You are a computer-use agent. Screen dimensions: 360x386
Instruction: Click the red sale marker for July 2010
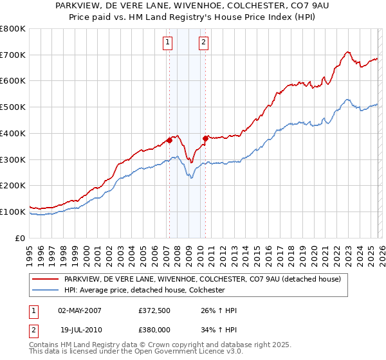click(205, 138)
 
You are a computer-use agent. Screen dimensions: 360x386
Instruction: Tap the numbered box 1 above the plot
click(167, 43)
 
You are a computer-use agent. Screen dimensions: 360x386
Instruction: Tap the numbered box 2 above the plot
click(203, 43)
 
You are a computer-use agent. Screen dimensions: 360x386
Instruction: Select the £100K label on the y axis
click(13, 212)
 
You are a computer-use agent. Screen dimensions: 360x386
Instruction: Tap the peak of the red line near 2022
click(347, 51)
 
